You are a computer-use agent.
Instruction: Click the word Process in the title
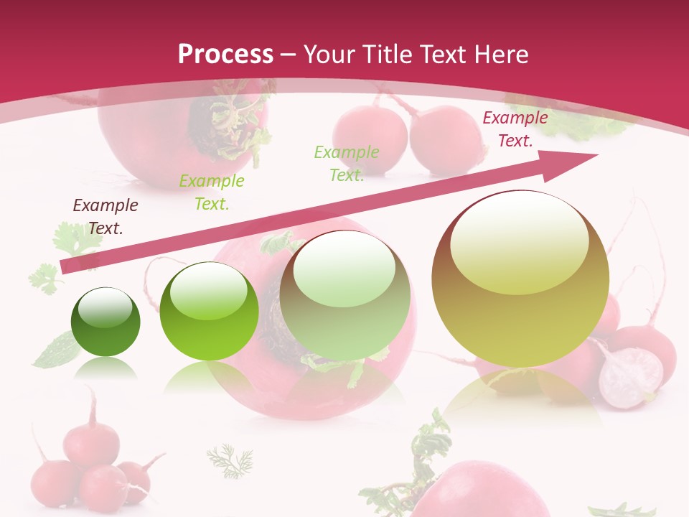[225, 55]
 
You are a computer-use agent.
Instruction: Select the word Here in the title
[501, 55]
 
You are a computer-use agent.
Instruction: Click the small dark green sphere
[106, 322]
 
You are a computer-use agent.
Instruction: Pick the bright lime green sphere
[209, 312]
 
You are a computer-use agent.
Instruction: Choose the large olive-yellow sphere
[520, 279]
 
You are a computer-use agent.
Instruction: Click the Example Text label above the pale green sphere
[347, 163]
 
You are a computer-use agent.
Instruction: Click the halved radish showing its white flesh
[630, 378]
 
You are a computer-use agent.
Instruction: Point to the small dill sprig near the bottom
[230, 460]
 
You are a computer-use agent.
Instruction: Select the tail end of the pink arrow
[66, 266]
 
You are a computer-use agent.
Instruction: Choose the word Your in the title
[330, 55]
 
